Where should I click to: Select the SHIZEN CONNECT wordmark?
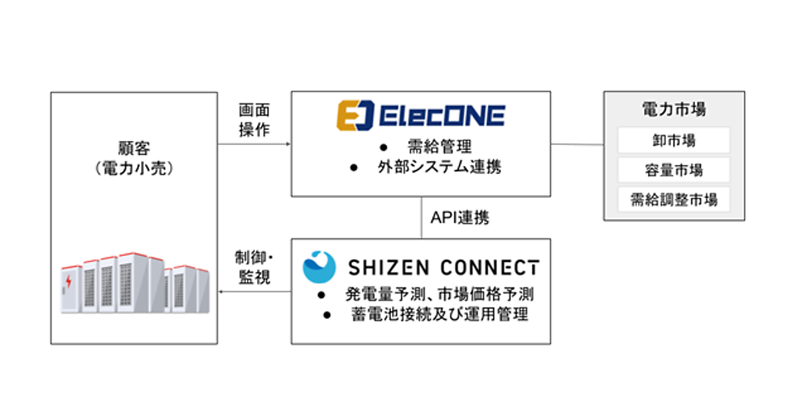click(x=444, y=267)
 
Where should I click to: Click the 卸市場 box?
click(x=674, y=140)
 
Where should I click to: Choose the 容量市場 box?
click(x=674, y=170)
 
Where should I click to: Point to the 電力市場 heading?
click(x=674, y=109)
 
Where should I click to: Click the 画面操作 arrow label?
click(x=254, y=120)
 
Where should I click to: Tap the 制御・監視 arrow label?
click(x=253, y=267)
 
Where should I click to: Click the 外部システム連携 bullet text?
click(x=435, y=167)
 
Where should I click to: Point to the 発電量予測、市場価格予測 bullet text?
click(x=439, y=294)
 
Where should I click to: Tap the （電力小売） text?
click(x=134, y=168)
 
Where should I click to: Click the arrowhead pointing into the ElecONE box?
click(x=288, y=144)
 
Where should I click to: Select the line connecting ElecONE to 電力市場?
click(x=576, y=144)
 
